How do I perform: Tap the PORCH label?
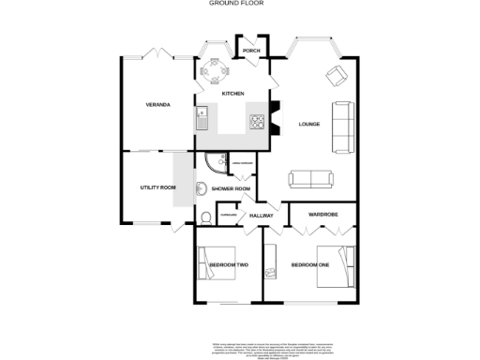pos(251,52)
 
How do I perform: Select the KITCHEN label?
pos(232,95)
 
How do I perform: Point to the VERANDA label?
pos(157,104)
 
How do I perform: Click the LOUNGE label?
pos(309,123)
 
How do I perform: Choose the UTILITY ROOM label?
pos(157,188)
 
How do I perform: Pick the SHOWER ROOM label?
pos(231,189)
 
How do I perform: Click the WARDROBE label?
pos(323,215)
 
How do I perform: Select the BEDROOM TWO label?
pos(228,265)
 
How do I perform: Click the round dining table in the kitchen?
pos(217,69)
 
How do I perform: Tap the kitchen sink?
pos(201,117)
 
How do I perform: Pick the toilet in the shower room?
pos(205,217)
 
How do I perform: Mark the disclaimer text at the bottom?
pos(240,348)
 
